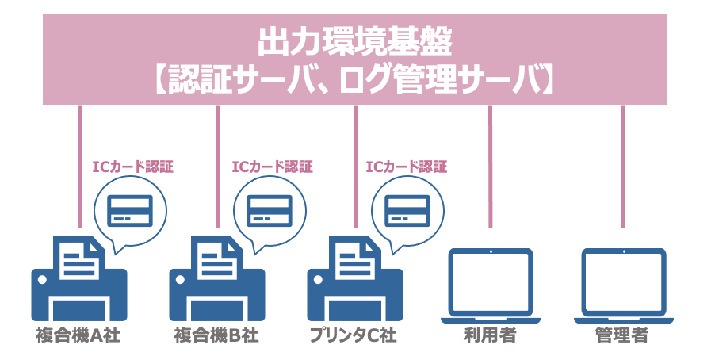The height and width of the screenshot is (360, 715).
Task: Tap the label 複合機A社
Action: [x=78, y=335]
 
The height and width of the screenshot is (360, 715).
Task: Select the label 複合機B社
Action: [x=216, y=335]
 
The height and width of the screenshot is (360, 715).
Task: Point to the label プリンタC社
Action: [x=354, y=335]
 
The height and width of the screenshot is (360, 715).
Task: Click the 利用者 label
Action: [x=490, y=335]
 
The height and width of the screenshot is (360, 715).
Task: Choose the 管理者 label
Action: [x=622, y=335]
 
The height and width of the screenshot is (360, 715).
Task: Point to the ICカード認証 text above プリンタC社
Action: [x=407, y=167]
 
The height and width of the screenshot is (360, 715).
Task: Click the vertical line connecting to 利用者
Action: [x=490, y=167]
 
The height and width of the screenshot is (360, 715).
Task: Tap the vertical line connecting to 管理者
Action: [x=622, y=167]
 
